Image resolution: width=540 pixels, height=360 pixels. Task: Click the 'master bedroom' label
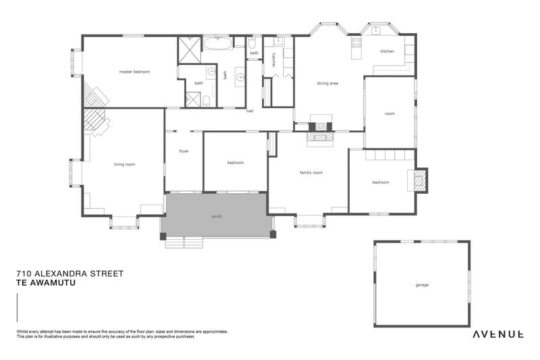134,72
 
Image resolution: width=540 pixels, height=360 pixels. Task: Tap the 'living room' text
124,164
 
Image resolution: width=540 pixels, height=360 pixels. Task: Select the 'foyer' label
184,151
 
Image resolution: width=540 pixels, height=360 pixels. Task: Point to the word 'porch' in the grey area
217,216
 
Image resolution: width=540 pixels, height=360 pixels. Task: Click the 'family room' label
310,173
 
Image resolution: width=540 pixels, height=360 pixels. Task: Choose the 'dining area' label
327,83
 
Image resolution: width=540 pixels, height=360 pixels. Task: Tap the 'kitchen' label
387,51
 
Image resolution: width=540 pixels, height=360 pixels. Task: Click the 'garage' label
422,284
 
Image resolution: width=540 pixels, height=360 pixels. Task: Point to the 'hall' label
250,111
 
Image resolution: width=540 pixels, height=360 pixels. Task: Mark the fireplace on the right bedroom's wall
419,180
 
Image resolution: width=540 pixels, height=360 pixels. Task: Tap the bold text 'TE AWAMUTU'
45,283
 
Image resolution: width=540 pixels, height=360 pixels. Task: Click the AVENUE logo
498,334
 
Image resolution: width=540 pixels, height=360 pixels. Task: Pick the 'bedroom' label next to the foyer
235,163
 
